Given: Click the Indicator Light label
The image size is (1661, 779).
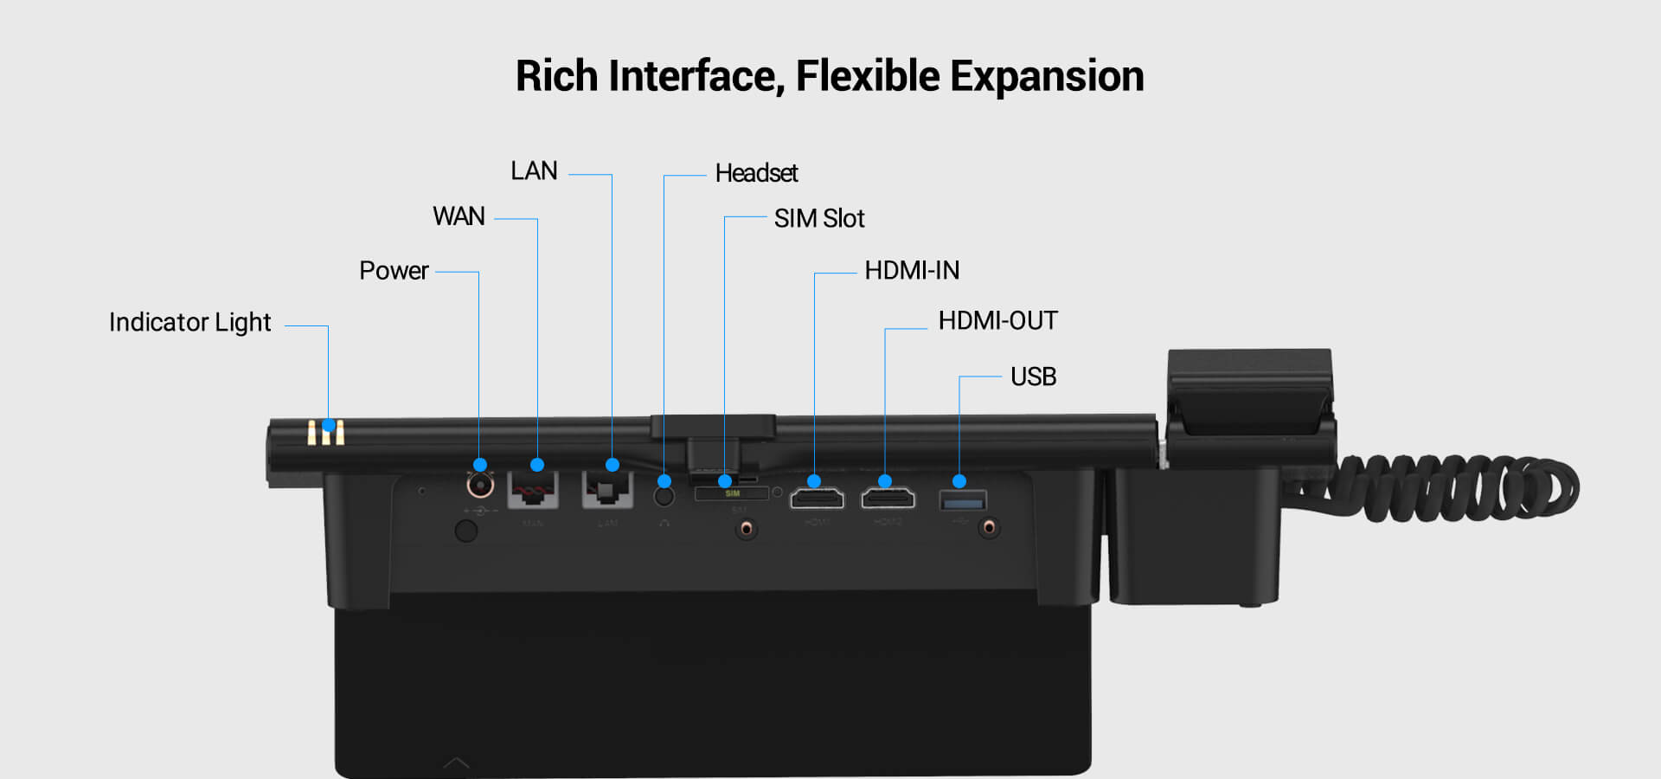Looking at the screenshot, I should coord(189,323).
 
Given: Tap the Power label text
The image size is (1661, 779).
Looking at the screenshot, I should coord(394,271).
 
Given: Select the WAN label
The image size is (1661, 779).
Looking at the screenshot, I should coord(459,216).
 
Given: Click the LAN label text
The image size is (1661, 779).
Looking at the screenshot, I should coord(534,171).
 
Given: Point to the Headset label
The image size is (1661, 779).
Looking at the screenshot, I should coord(756,174).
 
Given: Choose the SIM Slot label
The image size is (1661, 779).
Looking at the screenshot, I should coord(818,219).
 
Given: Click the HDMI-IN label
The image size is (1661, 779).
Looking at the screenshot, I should coord(912,271).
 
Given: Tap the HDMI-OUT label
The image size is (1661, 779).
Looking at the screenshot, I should coord(997,321).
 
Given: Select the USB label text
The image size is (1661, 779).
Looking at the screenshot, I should coord(1033,377).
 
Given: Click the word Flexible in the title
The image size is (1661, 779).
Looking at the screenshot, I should coord(867,76).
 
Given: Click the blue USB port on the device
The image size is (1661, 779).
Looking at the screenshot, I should coord(962,501).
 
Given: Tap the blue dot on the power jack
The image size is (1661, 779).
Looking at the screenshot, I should coord(480,465).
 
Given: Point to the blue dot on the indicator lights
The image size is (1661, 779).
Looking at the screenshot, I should coord(329,425).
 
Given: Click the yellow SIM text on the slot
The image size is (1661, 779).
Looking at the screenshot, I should coord(732,493).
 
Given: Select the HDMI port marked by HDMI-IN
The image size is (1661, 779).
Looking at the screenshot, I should coord(817,499).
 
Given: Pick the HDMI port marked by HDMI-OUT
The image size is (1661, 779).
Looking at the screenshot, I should coord(888,499).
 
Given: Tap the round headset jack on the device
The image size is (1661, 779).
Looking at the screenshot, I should coord(664,497).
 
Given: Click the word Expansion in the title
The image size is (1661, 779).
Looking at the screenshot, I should coord(1047,76).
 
